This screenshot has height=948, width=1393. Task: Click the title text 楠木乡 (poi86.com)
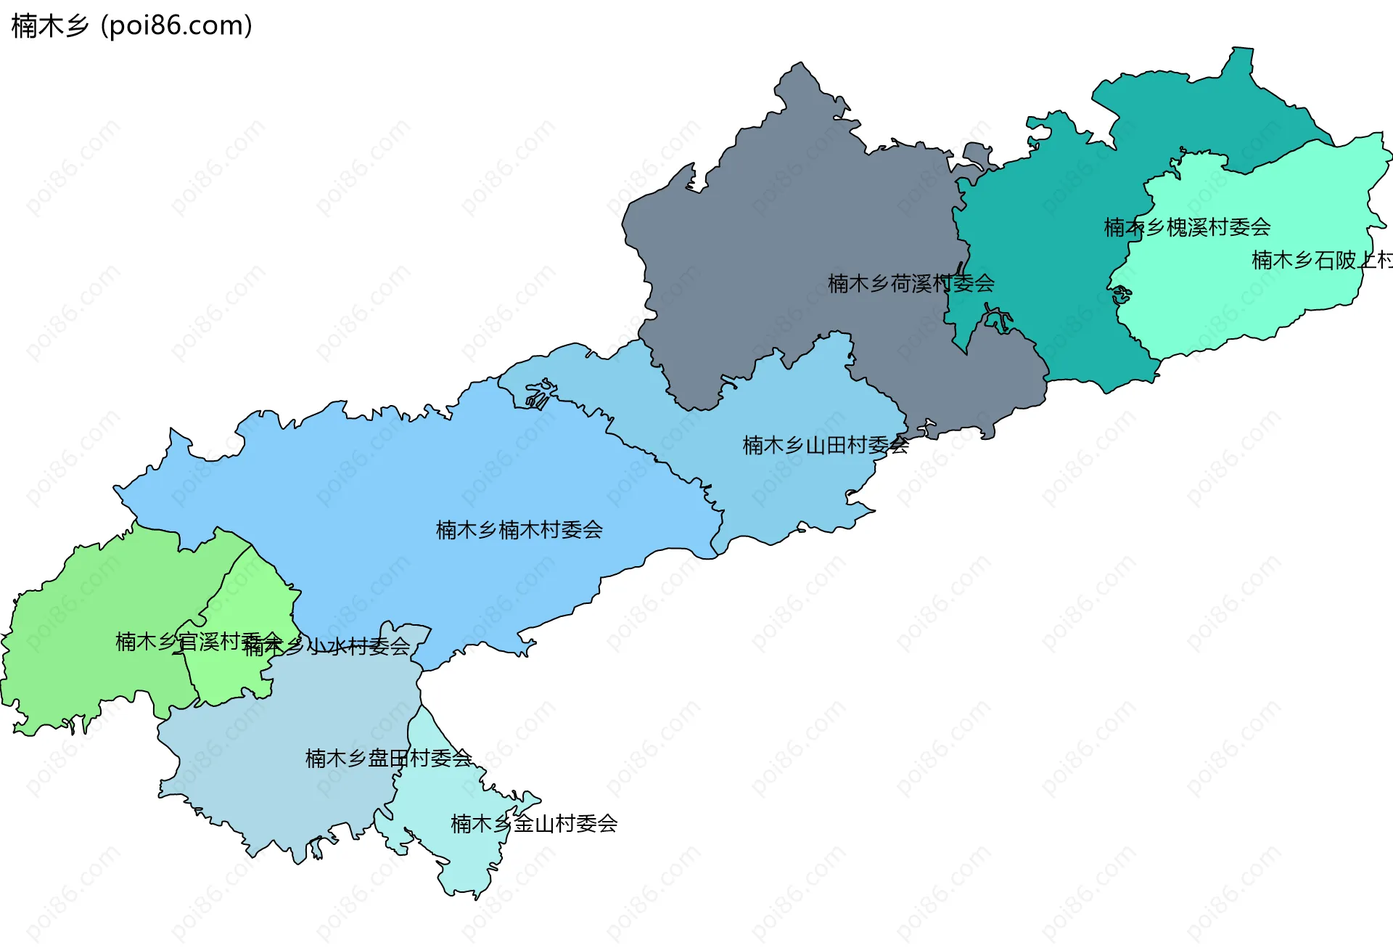131,25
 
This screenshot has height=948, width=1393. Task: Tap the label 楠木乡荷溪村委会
911,284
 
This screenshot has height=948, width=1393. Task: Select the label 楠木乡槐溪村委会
1187,227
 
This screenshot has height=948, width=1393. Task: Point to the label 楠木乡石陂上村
1320,260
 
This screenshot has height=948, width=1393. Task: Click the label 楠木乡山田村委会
825,445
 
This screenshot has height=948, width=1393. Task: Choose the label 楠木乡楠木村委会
519,530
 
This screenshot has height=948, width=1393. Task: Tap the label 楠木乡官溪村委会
198,642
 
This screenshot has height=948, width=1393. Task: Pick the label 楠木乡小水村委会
327,646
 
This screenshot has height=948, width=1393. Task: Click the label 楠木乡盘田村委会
388,759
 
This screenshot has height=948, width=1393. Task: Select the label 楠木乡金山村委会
534,824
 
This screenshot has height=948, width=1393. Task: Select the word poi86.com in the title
176,25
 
